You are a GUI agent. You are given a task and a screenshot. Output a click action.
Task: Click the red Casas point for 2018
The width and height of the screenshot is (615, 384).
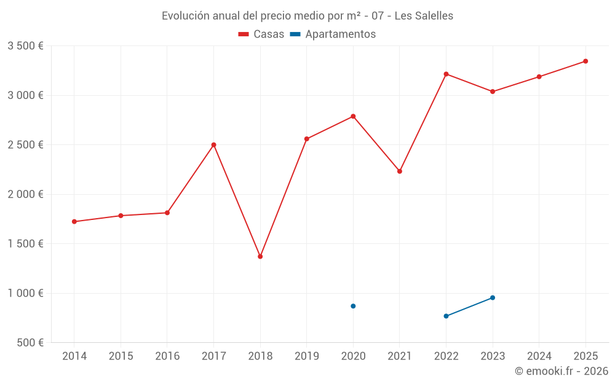pos(260,256)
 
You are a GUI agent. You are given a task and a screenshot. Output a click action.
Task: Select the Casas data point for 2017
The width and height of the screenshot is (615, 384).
pos(213,145)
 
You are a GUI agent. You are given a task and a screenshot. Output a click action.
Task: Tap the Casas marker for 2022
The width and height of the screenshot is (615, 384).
pos(446,74)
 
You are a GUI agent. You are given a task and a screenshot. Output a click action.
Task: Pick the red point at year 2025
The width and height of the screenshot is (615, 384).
pos(585,61)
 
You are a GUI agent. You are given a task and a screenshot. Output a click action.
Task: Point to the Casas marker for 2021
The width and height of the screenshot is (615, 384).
pos(400,171)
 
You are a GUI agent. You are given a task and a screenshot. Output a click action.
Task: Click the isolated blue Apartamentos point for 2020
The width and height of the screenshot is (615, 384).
pos(353,306)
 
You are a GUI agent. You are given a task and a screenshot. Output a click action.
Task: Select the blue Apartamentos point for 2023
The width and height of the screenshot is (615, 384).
pos(493,298)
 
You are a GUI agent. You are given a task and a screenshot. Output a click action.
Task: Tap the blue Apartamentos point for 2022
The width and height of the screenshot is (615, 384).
pos(446,316)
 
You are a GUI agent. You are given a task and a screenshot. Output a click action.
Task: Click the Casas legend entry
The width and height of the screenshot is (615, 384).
pos(261,34)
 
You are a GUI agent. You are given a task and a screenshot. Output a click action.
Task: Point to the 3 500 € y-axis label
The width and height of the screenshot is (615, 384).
pos(25,46)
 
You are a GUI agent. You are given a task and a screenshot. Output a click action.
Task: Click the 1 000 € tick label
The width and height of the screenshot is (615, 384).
pos(25,293)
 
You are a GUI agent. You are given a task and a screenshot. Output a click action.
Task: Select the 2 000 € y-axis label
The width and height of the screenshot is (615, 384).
pos(25,194)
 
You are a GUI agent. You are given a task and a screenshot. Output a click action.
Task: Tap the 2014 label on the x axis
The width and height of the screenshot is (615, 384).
pos(74,356)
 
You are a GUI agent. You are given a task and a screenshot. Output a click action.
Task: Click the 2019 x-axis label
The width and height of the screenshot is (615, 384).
pos(307,356)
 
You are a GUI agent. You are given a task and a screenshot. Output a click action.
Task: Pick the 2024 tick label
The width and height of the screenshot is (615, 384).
pos(539,356)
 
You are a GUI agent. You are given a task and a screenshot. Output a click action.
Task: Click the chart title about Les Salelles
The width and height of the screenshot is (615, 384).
pos(307,16)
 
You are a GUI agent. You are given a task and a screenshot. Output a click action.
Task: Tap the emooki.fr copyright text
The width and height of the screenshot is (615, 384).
pos(561,371)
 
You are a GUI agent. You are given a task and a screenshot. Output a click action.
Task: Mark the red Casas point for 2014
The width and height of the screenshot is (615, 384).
pos(74,222)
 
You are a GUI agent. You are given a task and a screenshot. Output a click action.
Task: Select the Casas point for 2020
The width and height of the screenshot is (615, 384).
pos(353,116)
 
